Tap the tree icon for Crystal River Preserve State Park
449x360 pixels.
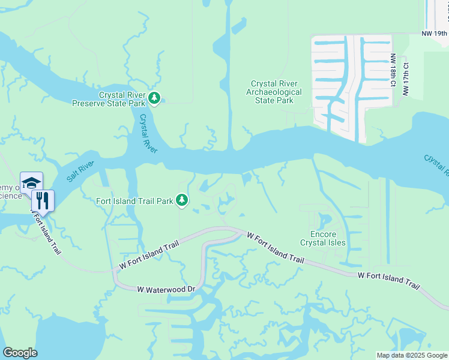click(154, 98)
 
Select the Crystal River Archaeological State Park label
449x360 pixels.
click(274, 92)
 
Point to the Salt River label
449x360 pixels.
click(80, 170)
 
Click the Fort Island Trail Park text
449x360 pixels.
click(135, 200)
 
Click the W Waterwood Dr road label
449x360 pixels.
click(166, 289)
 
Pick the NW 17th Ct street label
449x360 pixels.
click(406, 79)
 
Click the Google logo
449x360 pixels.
click(20, 352)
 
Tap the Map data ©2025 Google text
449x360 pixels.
click(411, 355)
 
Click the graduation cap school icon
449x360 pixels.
click(31, 182)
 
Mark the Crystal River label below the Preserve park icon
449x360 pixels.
click(147, 134)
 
